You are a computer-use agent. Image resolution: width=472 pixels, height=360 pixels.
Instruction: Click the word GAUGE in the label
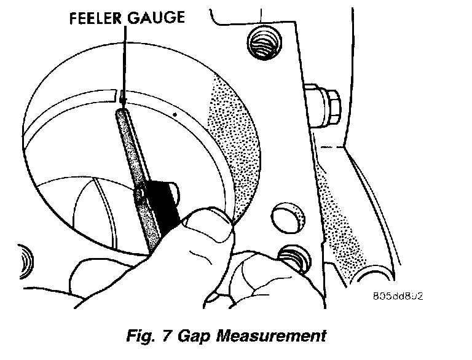[156, 18]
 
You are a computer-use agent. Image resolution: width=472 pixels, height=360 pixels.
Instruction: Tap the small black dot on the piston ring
[176, 114]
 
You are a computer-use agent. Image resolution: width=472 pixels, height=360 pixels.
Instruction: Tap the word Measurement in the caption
[275, 335]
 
